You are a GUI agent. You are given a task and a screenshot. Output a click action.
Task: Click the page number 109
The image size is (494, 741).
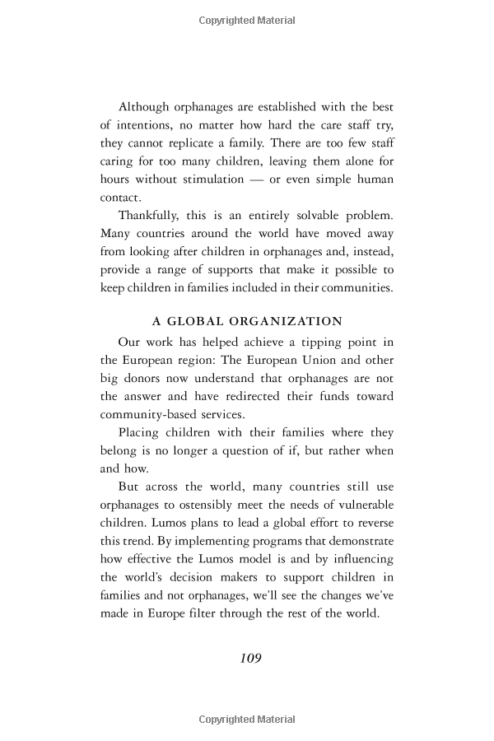click(x=250, y=658)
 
